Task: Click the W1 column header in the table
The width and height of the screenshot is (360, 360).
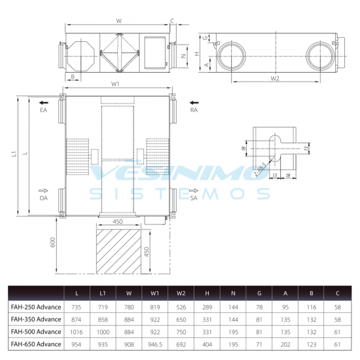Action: [x=154, y=293]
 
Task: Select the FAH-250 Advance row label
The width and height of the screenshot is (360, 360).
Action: [x=36, y=307]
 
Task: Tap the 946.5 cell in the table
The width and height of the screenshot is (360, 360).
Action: [x=155, y=344]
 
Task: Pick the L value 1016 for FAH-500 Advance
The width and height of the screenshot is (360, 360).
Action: [x=76, y=332]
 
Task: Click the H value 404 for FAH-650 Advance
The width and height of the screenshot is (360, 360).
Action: [x=207, y=344]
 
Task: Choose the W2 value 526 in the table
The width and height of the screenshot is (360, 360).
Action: [x=181, y=307]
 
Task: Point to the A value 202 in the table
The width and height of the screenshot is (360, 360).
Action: [x=285, y=344]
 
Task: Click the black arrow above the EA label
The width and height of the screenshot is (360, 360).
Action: [x=44, y=103]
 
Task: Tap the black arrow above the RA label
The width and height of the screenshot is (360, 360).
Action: [x=194, y=103]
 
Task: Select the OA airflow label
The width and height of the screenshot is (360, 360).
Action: [x=44, y=198]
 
